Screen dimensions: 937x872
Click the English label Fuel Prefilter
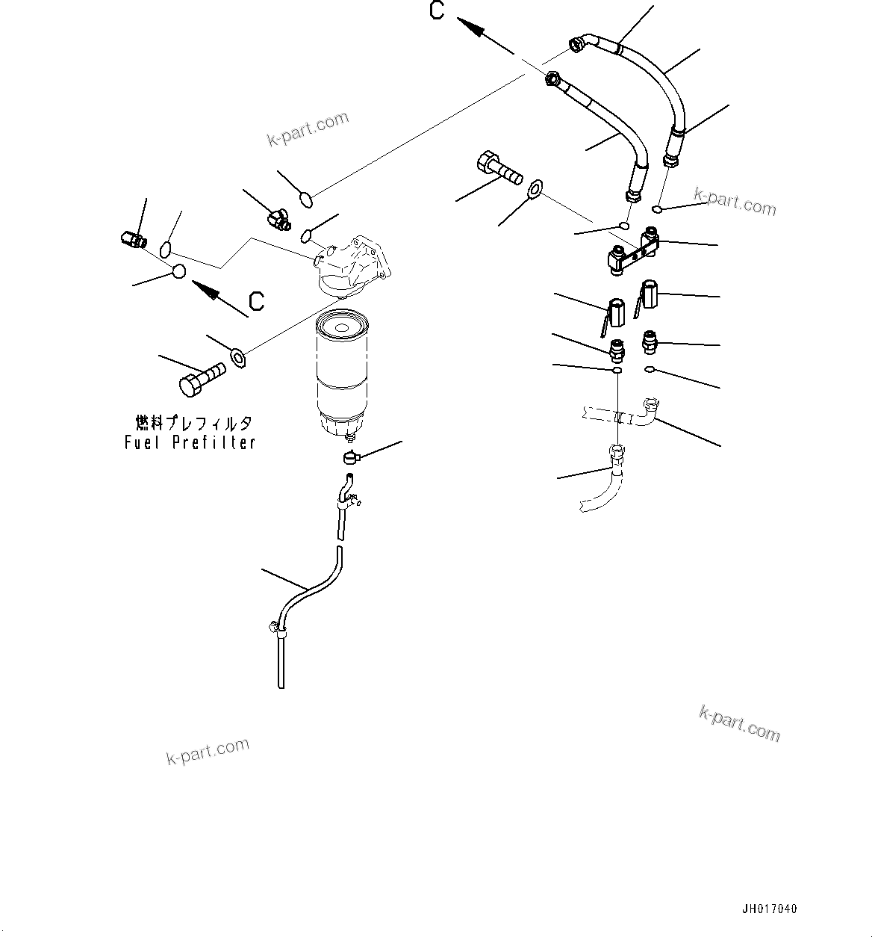pos(190,442)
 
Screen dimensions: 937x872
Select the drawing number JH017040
pos(769,909)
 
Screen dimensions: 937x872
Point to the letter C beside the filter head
pos(256,301)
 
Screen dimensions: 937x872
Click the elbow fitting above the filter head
pos(278,219)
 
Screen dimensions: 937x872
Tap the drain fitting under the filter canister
pos(351,457)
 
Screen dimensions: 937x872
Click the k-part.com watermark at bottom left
pos(208,751)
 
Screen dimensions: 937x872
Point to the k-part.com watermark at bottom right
pos(739,723)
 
